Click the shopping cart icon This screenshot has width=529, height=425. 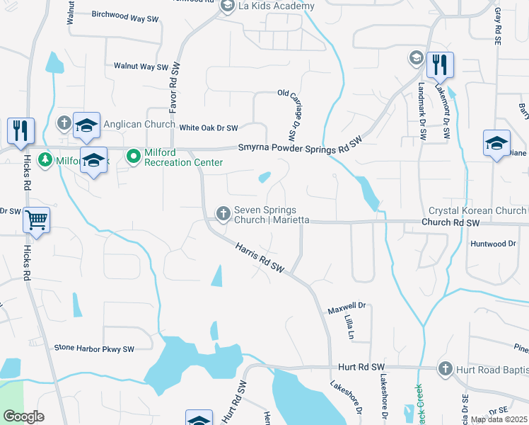click(x=36, y=219)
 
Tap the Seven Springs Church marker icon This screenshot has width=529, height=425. click(x=223, y=212)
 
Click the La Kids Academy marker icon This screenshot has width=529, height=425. click(x=228, y=6)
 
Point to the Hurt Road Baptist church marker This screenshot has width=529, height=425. click(x=445, y=368)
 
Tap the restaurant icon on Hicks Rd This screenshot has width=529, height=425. click(x=20, y=130)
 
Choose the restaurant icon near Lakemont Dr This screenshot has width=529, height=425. click(x=439, y=65)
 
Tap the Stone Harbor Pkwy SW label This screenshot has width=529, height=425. click(x=94, y=348)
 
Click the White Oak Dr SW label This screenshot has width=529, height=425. click(x=208, y=128)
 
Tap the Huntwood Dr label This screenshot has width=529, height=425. click(x=493, y=243)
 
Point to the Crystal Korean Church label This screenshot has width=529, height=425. click(x=477, y=211)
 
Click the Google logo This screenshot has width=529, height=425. click(x=23, y=416)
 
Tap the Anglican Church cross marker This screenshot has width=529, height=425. click(x=64, y=123)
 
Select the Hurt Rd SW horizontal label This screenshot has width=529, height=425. click(x=360, y=366)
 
